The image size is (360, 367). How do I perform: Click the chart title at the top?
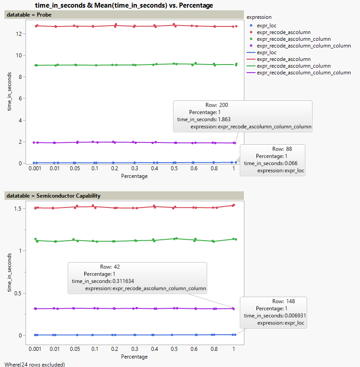coord(124,5)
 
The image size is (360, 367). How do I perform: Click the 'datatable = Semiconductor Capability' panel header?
coord(53,195)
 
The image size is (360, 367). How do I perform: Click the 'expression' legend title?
coord(259,17)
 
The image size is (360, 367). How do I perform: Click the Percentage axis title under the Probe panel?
coord(134,176)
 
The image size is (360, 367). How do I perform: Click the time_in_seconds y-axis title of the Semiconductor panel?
coord(9,273)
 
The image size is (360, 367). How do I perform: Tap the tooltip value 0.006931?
coord(291,315)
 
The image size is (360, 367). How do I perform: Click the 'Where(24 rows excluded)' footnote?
coord(34,364)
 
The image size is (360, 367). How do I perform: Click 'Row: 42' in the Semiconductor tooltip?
coord(110,267)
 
